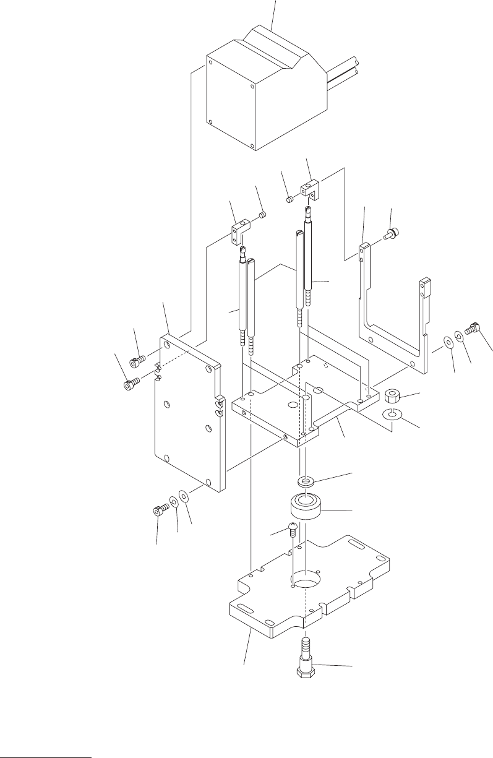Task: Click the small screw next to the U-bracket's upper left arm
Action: pyautogui.click(x=391, y=234)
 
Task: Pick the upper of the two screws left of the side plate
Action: pyautogui.click(x=137, y=360)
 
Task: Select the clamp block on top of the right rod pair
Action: pyautogui.click(x=310, y=189)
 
